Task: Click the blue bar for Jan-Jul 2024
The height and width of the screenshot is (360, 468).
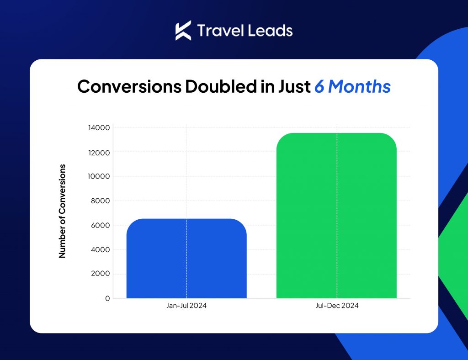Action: [x=186, y=258]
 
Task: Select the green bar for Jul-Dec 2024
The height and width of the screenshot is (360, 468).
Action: [x=336, y=215]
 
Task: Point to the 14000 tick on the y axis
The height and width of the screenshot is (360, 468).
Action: [x=99, y=127]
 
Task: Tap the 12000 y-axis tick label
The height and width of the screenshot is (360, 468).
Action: [x=99, y=153]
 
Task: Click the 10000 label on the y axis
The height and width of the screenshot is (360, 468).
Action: [x=99, y=176]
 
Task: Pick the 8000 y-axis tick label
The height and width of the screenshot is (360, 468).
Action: [x=100, y=201]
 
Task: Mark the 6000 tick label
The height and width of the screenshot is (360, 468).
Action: [x=100, y=225]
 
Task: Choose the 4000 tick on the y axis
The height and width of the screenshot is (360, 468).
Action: [x=100, y=249]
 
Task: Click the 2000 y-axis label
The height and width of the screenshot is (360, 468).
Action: [x=100, y=274]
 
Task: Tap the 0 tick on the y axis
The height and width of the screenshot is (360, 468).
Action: [x=107, y=298]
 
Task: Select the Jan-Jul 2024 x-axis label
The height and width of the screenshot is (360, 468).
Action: [x=186, y=306]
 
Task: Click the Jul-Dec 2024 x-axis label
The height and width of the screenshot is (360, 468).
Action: [x=337, y=306]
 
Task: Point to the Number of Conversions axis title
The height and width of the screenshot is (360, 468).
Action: [x=62, y=211]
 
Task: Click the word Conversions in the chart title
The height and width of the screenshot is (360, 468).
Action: [x=129, y=86]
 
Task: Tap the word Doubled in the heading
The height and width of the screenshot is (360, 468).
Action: [x=221, y=86]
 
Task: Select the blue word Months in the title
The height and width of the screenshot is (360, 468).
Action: [x=359, y=86]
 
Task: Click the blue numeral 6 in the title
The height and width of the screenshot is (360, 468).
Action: [x=319, y=86]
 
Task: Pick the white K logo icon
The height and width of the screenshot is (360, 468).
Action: [x=182, y=31]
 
